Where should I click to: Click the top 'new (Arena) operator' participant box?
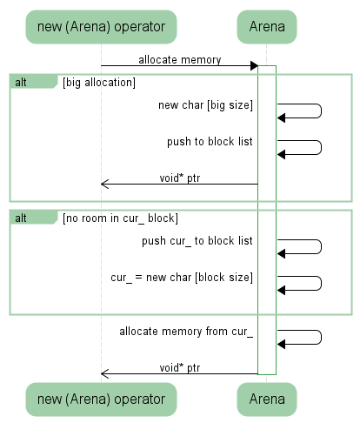[x=101, y=27]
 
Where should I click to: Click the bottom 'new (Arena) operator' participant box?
[x=101, y=399]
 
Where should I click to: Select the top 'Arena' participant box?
[x=267, y=27]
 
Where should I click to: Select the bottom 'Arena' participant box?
[x=267, y=399]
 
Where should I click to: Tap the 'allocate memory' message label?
[x=180, y=60]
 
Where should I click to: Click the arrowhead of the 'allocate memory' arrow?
[x=254, y=65]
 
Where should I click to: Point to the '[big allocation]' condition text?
[x=99, y=83]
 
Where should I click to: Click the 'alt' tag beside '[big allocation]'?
[x=21, y=83]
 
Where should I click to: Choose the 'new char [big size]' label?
[x=205, y=105]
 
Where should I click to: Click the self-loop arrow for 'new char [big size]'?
[x=321, y=111]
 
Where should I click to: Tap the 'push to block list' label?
[x=210, y=142]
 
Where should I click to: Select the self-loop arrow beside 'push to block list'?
[x=321, y=147]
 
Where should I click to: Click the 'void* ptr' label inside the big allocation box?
[x=180, y=178]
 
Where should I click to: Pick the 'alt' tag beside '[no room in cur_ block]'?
[x=21, y=218]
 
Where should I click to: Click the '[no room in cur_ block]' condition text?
[x=120, y=218]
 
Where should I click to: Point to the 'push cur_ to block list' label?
[x=197, y=241]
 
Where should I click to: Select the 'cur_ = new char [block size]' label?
[x=182, y=278]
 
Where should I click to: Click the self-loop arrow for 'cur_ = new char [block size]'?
[x=321, y=283]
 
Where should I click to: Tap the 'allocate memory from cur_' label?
[x=186, y=332]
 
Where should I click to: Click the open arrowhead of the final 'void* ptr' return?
[x=104, y=373]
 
